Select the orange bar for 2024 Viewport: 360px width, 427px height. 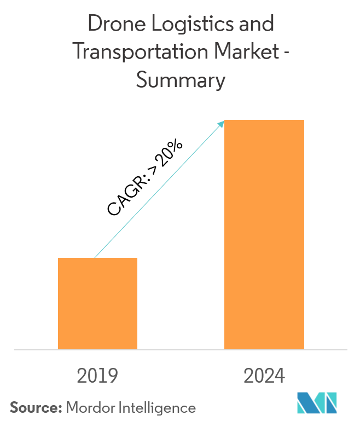tap(264, 234)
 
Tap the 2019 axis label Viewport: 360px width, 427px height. tap(98, 376)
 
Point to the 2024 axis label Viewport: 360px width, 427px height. tap(264, 376)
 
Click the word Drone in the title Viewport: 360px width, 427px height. tap(111, 25)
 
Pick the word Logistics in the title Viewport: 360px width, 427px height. tap(187, 25)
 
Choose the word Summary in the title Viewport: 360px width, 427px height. tap(180, 80)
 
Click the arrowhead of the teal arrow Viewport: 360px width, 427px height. tap(223, 122)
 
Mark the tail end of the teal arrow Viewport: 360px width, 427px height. tap(95, 257)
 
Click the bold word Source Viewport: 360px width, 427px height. tap(34, 407)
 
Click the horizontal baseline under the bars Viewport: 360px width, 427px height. tap(180, 349)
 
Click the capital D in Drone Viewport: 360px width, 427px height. tap(94, 25)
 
